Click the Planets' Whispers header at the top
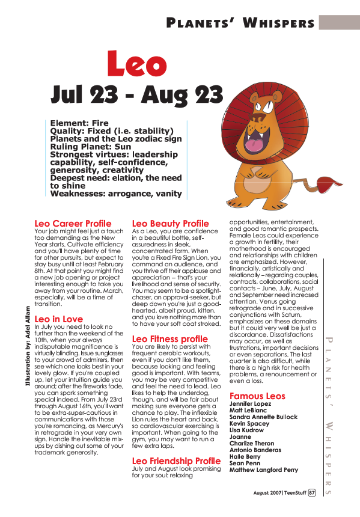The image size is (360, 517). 240,23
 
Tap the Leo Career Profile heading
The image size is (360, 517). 73,224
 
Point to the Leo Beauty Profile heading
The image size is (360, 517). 171,224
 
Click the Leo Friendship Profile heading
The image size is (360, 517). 177,461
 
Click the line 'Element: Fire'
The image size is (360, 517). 80,123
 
